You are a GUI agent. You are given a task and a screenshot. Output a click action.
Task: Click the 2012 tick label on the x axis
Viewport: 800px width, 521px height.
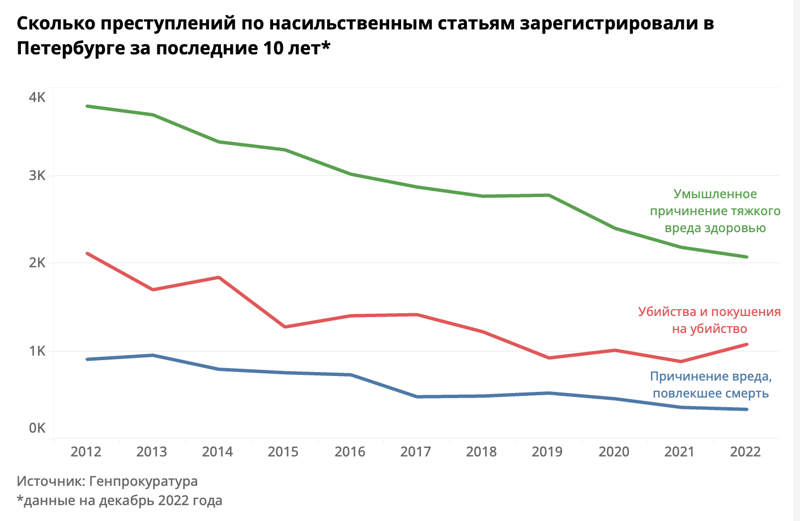(x=86, y=451)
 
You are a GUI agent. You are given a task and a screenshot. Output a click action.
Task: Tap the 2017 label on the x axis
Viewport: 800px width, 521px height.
(x=415, y=451)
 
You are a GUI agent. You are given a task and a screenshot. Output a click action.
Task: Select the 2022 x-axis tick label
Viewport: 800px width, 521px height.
(x=745, y=451)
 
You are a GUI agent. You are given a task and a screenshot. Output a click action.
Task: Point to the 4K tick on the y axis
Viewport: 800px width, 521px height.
(x=37, y=97)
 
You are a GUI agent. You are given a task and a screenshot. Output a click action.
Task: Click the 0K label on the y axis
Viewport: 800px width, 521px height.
(x=37, y=428)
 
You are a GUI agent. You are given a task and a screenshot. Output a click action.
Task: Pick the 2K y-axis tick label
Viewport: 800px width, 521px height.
(x=37, y=263)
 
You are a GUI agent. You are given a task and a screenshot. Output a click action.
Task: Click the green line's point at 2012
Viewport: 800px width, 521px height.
(x=87, y=106)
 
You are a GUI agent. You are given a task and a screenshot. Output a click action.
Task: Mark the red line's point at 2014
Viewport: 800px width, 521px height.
(x=219, y=277)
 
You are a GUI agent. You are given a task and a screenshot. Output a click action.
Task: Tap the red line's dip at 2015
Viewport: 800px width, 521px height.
(x=284, y=327)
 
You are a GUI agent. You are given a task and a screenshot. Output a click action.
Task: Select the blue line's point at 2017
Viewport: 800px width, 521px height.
(x=416, y=396)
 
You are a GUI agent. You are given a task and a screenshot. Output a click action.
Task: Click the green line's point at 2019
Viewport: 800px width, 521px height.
(x=548, y=195)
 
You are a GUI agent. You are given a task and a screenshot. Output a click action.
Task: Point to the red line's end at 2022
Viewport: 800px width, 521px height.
(x=746, y=344)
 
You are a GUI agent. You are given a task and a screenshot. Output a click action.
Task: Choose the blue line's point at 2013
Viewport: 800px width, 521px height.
(x=152, y=355)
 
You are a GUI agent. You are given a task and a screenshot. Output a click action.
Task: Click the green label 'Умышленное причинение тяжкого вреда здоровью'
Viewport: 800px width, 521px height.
(x=715, y=211)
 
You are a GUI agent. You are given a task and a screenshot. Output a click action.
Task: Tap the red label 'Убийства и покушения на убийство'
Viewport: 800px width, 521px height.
(x=709, y=320)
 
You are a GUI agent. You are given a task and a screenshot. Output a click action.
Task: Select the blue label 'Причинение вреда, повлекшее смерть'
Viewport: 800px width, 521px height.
(x=710, y=385)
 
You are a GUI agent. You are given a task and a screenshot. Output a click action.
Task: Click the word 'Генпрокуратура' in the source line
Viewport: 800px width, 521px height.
(x=143, y=481)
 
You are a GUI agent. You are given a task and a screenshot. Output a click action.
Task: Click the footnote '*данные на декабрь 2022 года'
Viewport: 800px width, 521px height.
(x=120, y=501)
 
